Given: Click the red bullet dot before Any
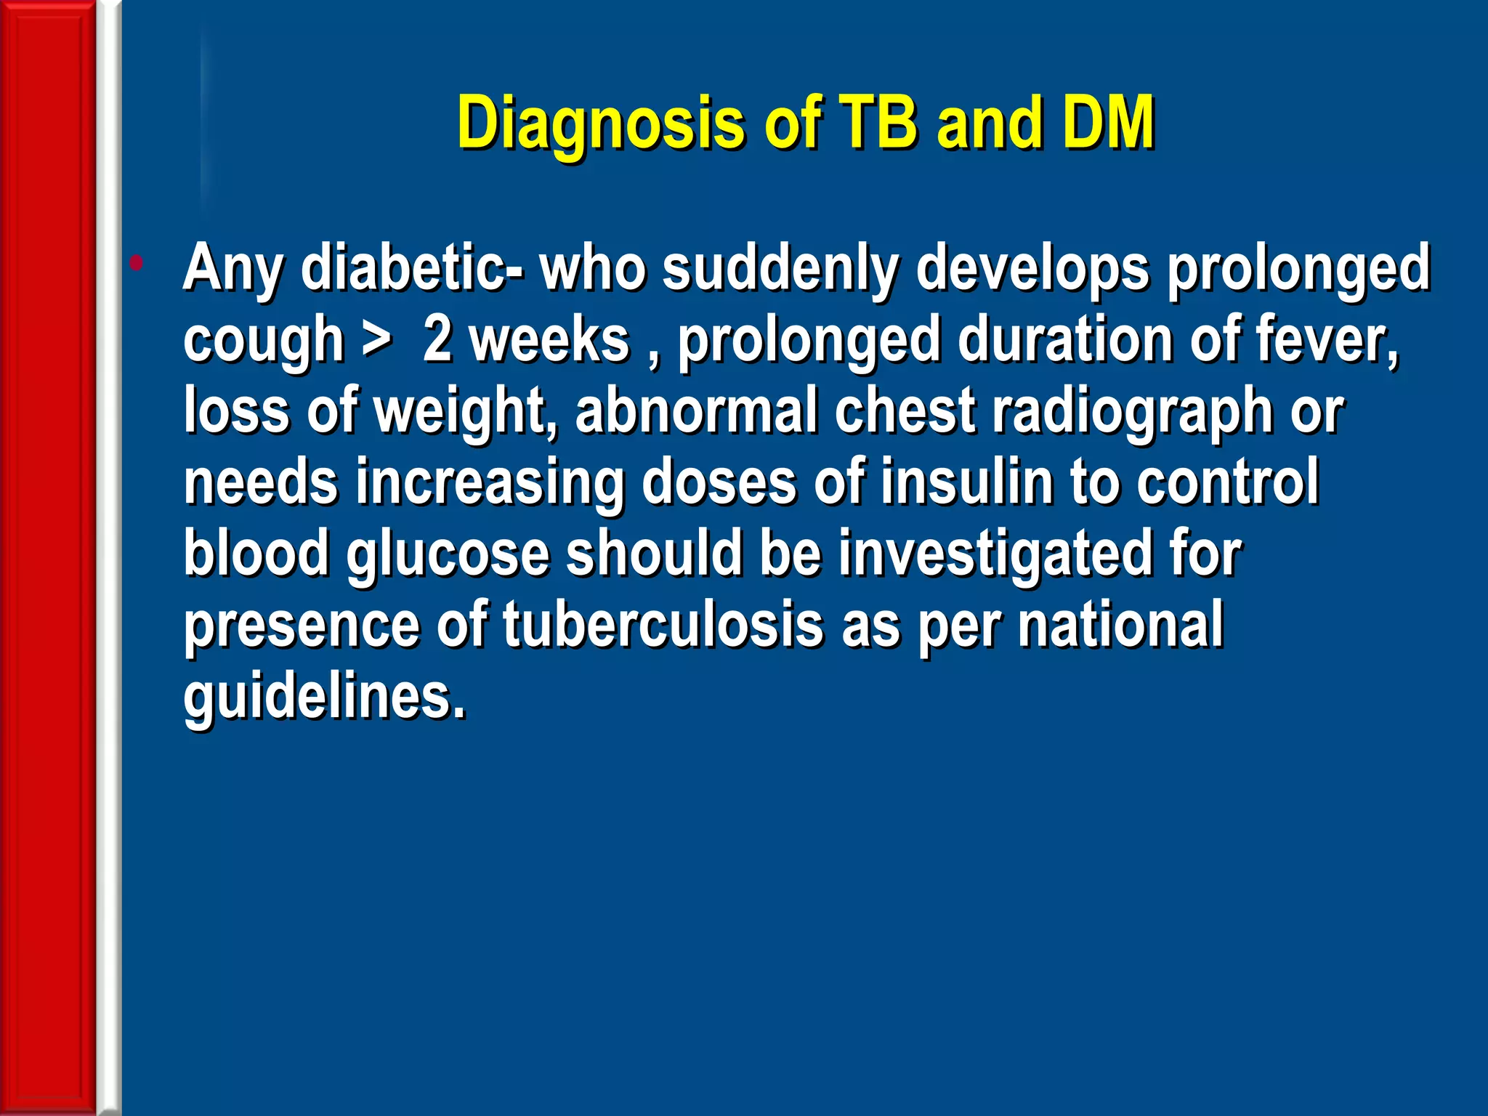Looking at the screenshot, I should pos(136,262).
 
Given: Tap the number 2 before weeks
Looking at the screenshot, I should pos(437,339).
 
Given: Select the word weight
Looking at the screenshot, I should pos(466,411).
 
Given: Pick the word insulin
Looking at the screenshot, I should pos(966,482).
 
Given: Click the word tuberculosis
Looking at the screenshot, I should pos(663,624).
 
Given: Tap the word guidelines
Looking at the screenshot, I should pos(323,695).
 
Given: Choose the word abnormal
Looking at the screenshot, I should pos(696,411).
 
